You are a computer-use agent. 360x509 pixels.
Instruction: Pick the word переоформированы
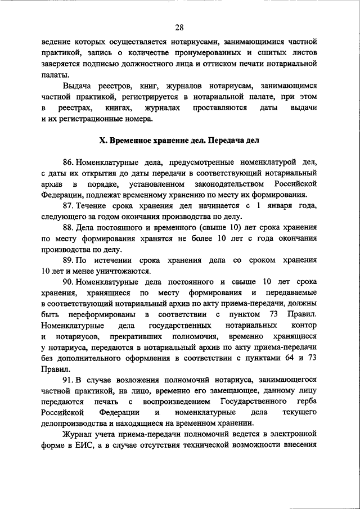[x=100, y=314]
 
